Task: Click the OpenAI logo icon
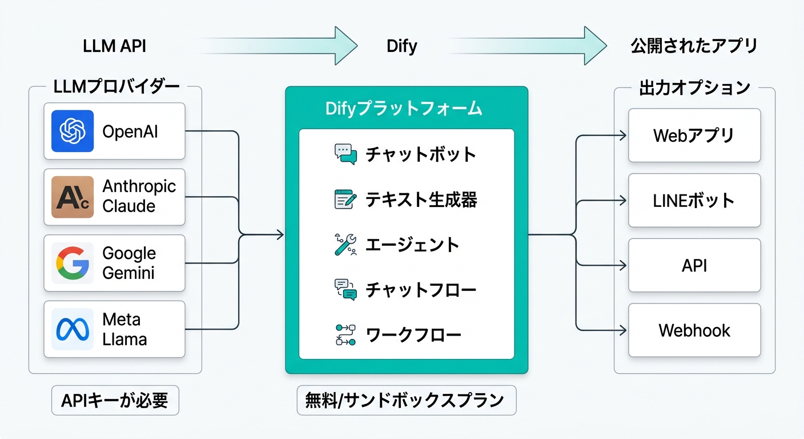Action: (x=73, y=131)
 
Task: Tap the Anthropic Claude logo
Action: (x=73, y=197)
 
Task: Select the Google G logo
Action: (x=73, y=263)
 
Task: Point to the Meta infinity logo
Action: (x=73, y=329)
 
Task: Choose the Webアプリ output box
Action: (x=694, y=135)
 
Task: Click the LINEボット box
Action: (x=694, y=201)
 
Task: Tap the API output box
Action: (x=694, y=265)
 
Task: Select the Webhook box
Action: (x=694, y=330)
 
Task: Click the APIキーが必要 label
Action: (x=115, y=401)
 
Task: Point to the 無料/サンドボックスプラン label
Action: (x=406, y=400)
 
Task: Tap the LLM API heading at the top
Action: (x=114, y=46)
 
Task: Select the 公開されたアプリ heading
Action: (x=694, y=46)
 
